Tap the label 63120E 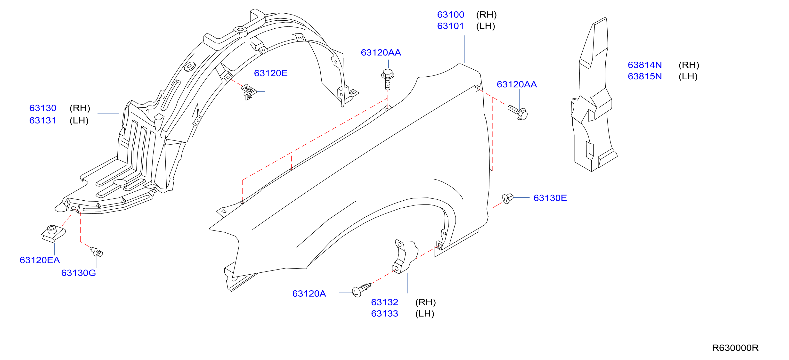[270, 73]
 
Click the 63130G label [78, 273]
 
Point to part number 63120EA [40, 260]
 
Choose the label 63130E [550, 198]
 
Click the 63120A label [309, 294]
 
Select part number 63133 [384, 313]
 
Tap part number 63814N [645, 65]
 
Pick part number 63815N [645, 76]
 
